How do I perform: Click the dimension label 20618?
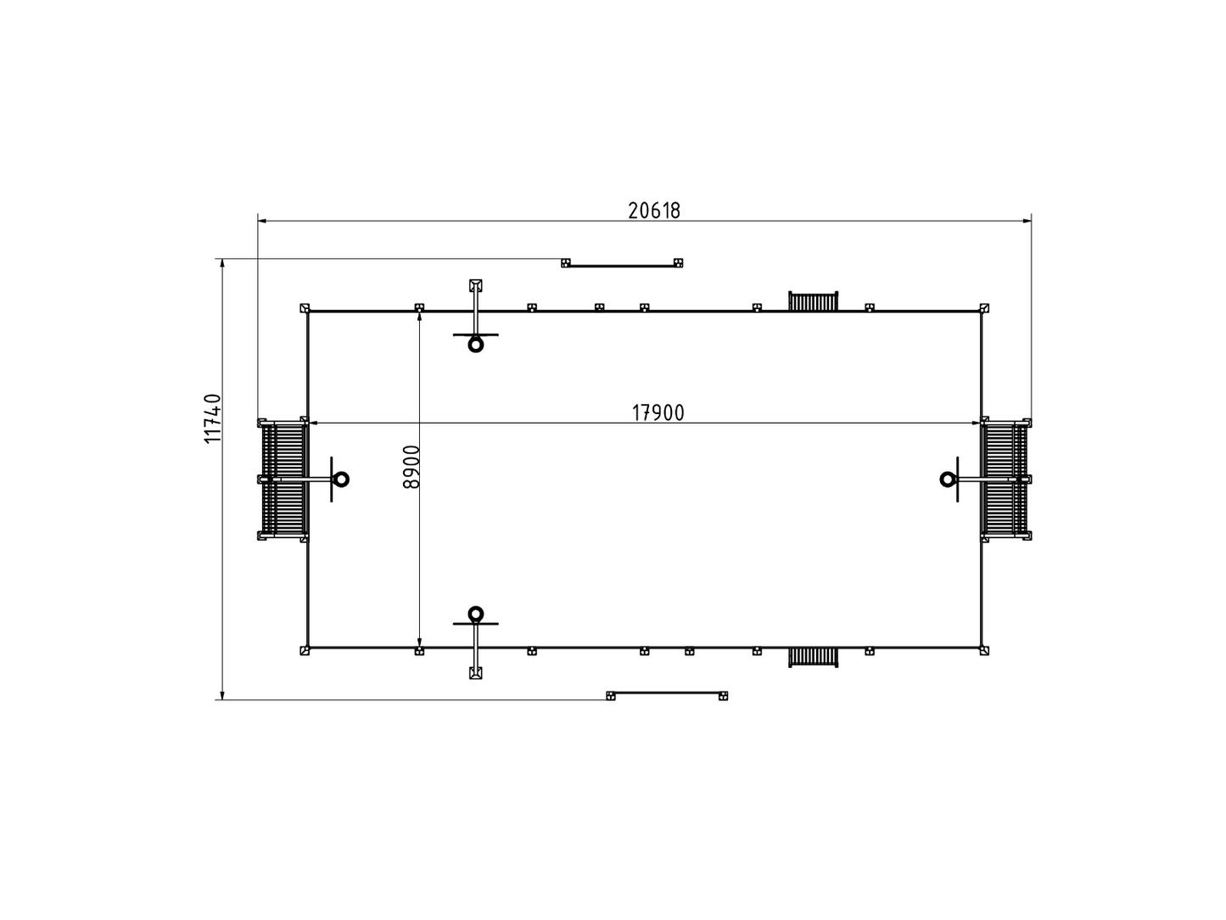(x=654, y=210)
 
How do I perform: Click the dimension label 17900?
(x=658, y=412)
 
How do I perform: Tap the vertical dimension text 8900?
(x=411, y=467)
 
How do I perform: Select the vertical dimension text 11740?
(x=213, y=418)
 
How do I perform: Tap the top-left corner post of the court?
(x=305, y=308)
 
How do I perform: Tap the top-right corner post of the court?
(x=984, y=308)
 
